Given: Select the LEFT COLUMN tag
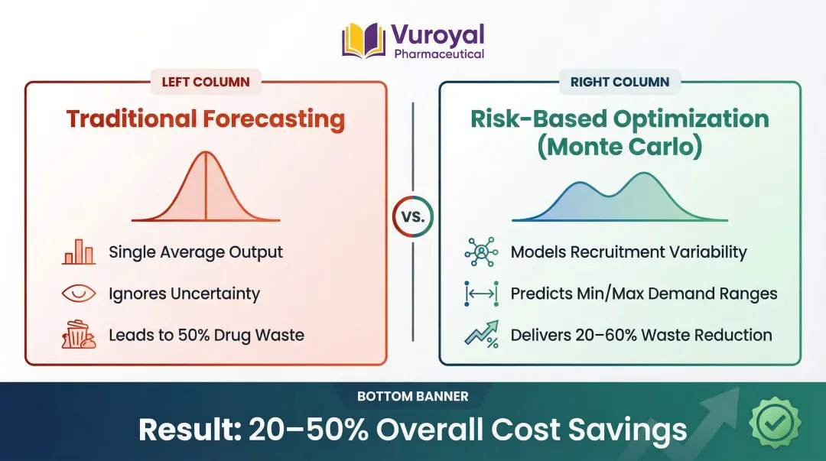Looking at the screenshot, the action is tap(206, 83).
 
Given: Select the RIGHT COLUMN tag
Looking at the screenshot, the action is tap(619, 83).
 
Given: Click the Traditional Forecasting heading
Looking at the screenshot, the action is tap(206, 119).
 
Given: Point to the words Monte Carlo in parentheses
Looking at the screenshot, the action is tap(619, 147).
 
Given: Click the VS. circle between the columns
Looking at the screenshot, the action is tap(412, 216).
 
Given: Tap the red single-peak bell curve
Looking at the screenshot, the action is tap(206, 186).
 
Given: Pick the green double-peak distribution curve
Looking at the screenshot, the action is tap(619, 196).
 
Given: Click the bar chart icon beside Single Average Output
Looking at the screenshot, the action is tap(79, 252).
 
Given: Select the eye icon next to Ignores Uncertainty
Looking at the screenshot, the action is tap(79, 294).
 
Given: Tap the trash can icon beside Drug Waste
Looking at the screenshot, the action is tap(79, 335).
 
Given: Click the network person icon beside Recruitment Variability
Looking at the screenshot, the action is tap(481, 252).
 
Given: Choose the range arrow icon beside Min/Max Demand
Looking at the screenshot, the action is tap(481, 294).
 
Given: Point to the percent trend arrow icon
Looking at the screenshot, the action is tap(481, 335).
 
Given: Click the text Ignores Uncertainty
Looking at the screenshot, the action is tap(184, 294).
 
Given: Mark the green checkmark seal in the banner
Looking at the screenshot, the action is tap(775, 423).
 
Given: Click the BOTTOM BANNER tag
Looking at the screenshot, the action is tap(412, 396).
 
